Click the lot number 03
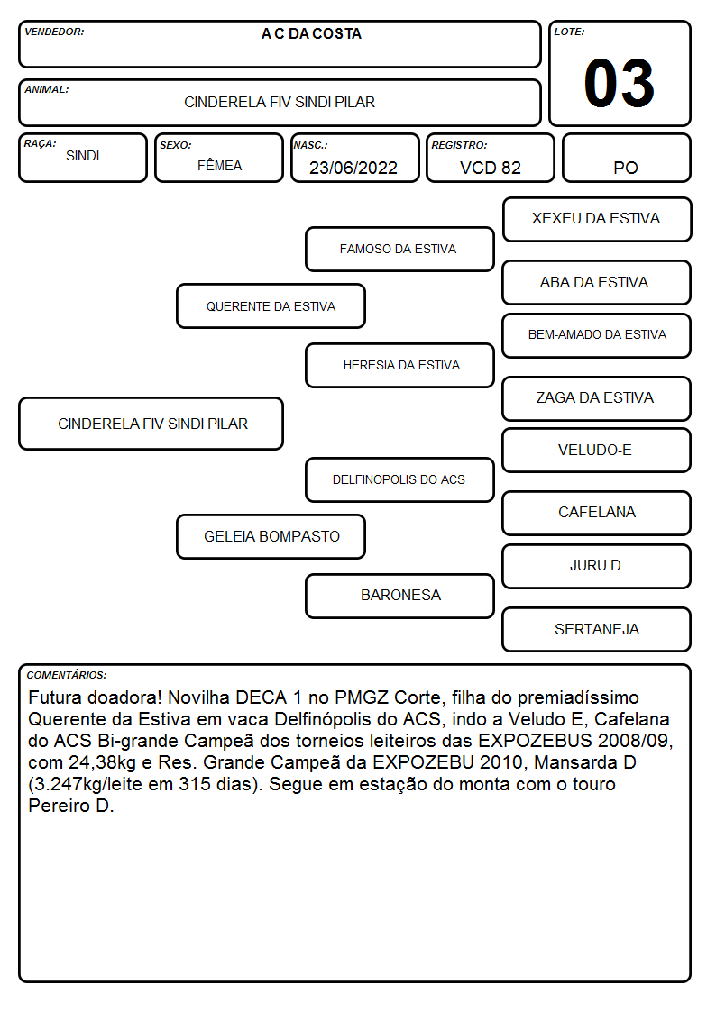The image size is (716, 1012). [620, 83]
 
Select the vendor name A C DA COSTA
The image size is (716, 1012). [311, 34]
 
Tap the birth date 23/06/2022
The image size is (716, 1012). [353, 168]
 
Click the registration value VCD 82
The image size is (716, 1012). [490, 168]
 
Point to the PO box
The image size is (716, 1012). [626, 158]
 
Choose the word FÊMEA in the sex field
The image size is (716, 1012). [219, 165]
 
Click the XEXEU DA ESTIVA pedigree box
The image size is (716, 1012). [597, 220]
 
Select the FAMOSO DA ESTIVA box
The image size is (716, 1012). [399, 249]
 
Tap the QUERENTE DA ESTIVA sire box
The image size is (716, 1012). [271, 305]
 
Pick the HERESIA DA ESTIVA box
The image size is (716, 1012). [399, 365]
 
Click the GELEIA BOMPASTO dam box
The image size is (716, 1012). [271, 536]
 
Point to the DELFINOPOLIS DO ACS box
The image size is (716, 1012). [399, 479]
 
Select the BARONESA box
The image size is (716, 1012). [399, 596]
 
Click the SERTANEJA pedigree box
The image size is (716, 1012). [597, 629]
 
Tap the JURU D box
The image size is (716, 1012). [597, 566]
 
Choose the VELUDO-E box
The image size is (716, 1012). [597, 450]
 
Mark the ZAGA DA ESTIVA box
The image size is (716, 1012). [597, 398]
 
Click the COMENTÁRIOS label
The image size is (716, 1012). [67, 675]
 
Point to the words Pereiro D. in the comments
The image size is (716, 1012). [71, 806]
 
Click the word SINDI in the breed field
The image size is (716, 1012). [83, 156]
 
